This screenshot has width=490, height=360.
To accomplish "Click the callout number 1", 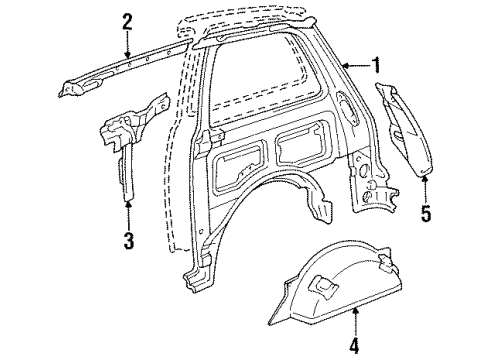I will (376, 67).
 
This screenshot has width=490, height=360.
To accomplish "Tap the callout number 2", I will (127, 21).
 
